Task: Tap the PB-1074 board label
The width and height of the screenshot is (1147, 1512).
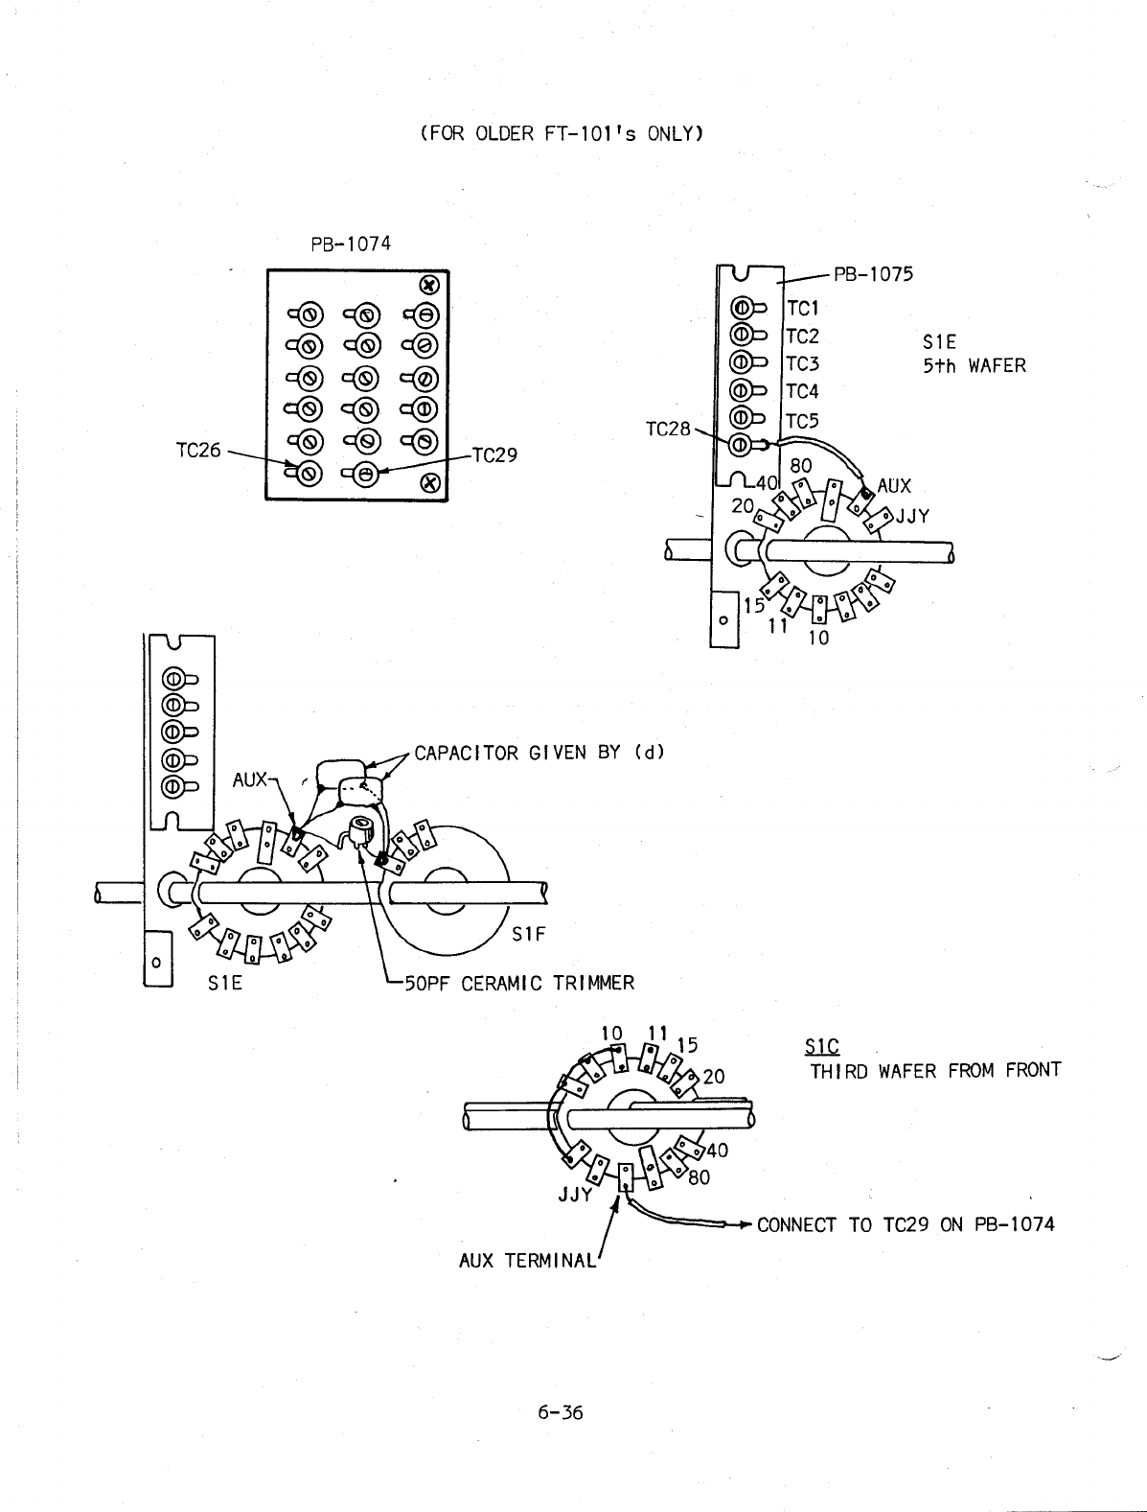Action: coord(351,244)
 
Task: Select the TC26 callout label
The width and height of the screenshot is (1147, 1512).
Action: coord(199,450)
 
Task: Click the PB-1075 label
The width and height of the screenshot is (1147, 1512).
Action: coord(873,274)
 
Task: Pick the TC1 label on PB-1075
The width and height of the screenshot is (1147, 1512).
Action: coord(803,308)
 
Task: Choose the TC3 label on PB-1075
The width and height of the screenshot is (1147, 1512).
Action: coord(803,364)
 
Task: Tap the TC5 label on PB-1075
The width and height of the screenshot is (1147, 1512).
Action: coord(803,421)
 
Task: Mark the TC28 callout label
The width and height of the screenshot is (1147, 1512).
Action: coord(669,429)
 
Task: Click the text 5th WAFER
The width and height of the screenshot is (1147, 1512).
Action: coord(974,365)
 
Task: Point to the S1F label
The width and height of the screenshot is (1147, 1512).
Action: coord(528,934)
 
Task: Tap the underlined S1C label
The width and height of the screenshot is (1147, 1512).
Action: coord(824,1046)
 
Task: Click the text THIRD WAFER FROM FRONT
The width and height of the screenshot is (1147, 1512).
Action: coord(935,1070)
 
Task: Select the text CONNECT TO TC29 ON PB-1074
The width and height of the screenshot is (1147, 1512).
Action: coord(906,1224)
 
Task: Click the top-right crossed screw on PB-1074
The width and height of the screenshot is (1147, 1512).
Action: coord(430,285)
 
